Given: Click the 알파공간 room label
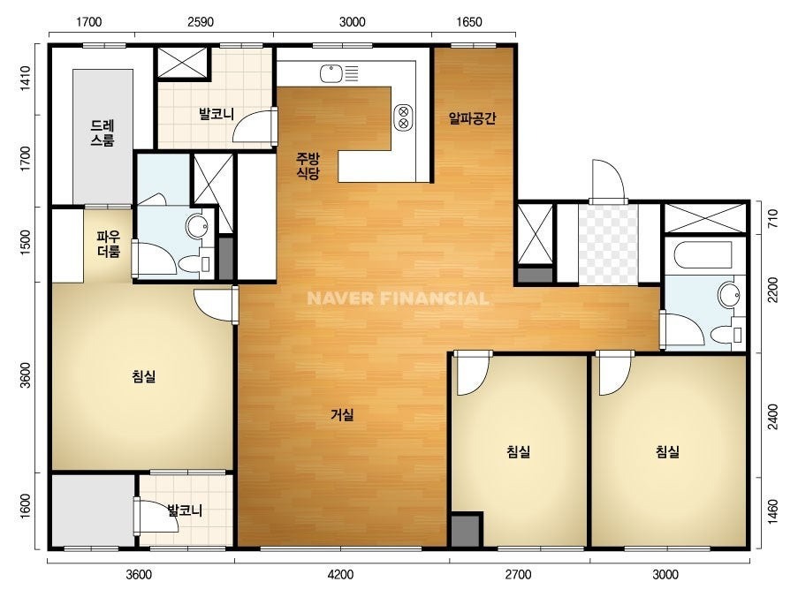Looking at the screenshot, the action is pos(472,118).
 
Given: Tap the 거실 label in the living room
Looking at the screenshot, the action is pos(342,415).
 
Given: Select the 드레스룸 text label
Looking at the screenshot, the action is pos(103,132).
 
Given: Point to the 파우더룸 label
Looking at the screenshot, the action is pos(109,244).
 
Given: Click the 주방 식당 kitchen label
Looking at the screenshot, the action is pos(308,166).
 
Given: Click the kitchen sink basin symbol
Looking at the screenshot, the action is pos(331,73).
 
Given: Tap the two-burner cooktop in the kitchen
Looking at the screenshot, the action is pos(404,117).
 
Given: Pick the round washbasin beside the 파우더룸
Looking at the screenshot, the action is pos(197,226).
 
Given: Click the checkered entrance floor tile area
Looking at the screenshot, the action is pos(608,244).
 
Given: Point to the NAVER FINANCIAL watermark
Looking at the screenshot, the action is pos(398,298).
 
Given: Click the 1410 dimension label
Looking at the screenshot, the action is pos(25,79).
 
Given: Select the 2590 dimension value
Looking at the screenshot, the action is pos(201,22).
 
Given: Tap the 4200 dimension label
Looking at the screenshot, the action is pos(340,575).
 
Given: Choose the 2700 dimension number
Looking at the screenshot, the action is pos(518,575).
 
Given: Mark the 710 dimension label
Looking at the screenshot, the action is pos(772,218).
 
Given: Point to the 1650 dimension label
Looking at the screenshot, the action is pos(468,22).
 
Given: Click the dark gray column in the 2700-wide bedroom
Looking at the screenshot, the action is pos(467,531).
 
